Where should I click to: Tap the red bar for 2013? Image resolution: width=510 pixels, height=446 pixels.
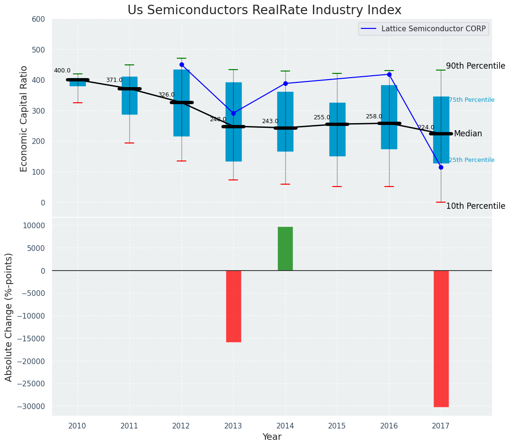(x=234, y=306)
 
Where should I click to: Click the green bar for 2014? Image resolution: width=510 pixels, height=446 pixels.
(x=285, y=249)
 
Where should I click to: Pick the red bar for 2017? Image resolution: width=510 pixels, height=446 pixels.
(x=441, y=338)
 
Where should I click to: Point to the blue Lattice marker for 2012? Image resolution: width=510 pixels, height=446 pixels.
(x=182, y=65)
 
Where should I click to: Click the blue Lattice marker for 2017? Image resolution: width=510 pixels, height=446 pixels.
(x=441, y=167)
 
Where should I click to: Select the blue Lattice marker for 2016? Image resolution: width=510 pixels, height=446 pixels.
(x=389, y=74)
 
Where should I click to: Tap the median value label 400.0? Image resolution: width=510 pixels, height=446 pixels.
(x=62, y=71)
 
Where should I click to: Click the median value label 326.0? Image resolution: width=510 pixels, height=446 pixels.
(x=166, y=95)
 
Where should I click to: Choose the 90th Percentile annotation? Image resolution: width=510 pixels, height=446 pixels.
(x=475, y=66)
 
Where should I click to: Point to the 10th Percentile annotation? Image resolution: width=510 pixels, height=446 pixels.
(x=475, y=206)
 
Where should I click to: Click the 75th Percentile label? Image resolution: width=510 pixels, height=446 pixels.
(x=472, y=100)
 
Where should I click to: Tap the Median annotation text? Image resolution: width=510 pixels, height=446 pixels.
(x=468, y=134)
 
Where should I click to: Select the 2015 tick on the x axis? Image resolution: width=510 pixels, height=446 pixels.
(x=337, y=426)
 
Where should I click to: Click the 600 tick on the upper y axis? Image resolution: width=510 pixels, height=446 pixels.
(x=38, y=19)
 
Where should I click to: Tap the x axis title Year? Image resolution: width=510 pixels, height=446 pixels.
(x=272, y=437)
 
